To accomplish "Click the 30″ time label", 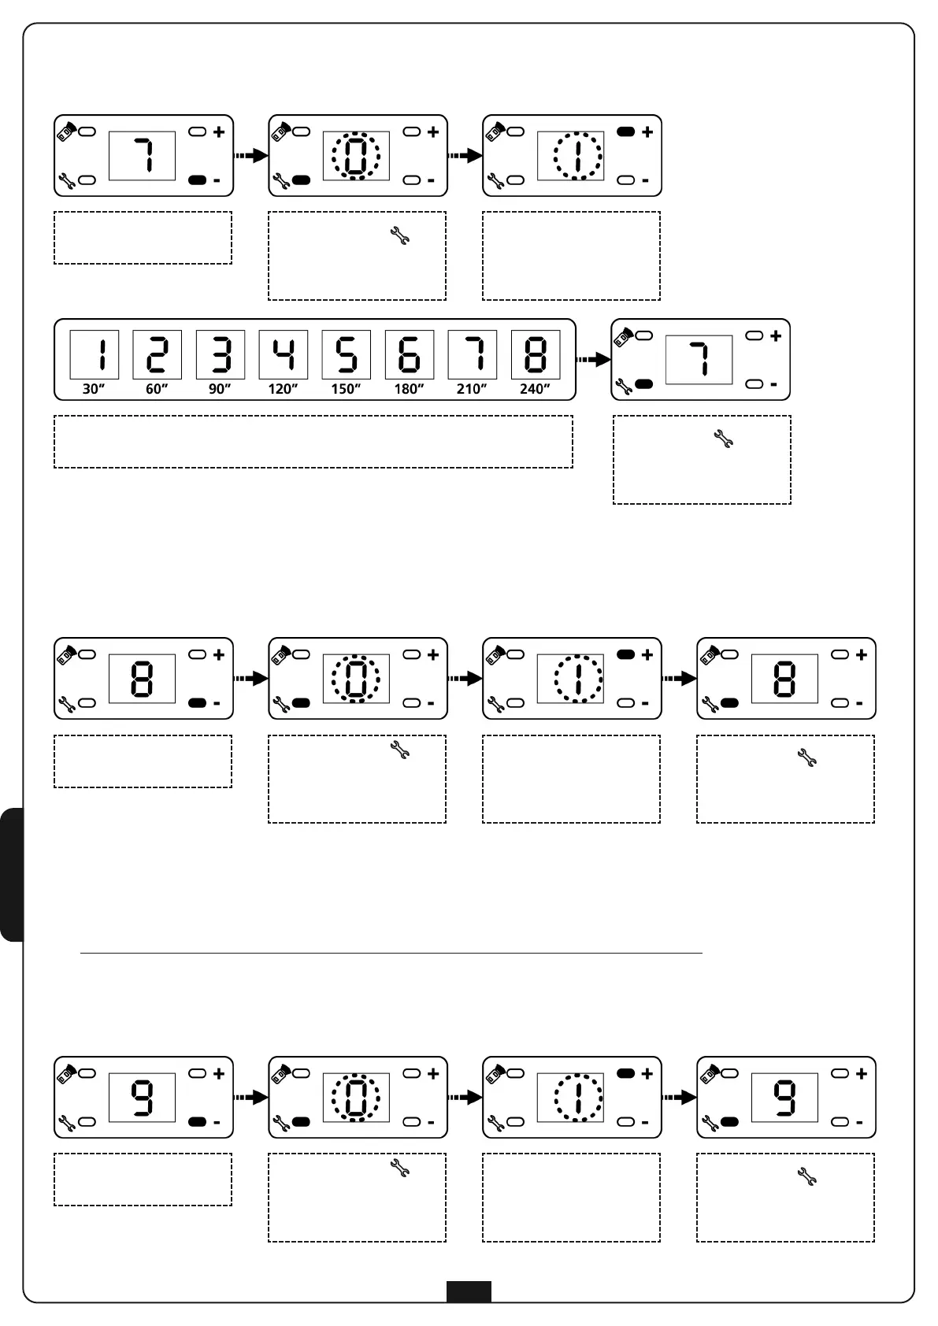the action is [94, 389].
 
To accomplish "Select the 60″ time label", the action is [157, 389].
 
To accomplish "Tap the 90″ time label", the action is [220, 389].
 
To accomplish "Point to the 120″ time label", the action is [283, 389].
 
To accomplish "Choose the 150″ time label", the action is [346, 389].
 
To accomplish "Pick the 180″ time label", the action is [409, 389].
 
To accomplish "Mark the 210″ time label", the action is [472, 389].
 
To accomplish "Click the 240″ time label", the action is [535, 389].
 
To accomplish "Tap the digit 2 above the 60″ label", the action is [158, 355].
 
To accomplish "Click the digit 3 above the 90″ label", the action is [221, 355].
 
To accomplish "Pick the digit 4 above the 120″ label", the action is [284, 355].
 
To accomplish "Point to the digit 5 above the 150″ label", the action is [347, 355].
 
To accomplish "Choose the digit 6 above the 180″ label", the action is [410, 355].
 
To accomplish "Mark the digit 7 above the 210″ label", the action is [473, 355].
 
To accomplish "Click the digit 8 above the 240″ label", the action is [536, 355].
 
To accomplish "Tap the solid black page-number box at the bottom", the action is [469, 1291].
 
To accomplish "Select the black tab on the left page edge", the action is [12, 874].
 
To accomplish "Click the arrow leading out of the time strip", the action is [594, 360].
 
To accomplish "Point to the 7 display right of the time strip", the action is [699, 360].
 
